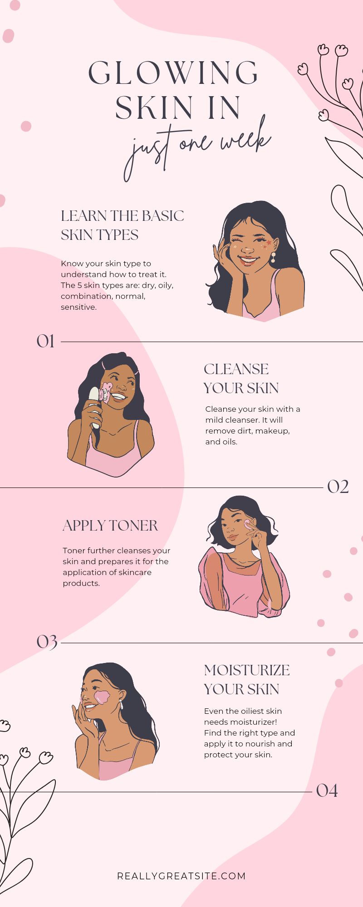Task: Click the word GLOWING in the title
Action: pos(173,73)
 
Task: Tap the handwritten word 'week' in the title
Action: pos(245,141)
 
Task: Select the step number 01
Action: pos(45,341)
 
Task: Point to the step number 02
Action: pos(338,487)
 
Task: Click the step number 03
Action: pos(47,642)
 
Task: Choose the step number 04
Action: pos(327,791)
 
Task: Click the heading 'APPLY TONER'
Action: pos(110,526)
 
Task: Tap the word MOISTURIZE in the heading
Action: pos(247,670)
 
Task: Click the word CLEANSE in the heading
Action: pos(236,369)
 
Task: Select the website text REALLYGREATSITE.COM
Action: pos(181,876)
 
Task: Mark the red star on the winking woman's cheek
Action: pos(269,243)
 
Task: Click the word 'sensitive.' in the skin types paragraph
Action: pos(78,307)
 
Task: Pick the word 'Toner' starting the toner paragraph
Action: pos(74,551)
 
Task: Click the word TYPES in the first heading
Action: pos(119,235)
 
